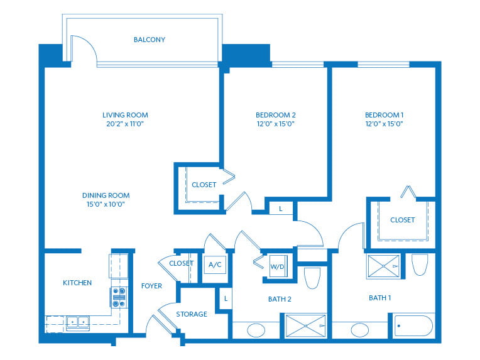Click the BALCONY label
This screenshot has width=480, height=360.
click(x=150, y=40)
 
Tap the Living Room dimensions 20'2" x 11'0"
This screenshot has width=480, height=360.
click(x=125, y=124)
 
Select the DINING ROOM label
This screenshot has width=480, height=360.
click(x=106, y=195)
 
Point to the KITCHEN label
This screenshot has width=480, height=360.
click(x=77, y=283)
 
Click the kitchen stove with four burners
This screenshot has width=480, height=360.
click(x=119, y=297)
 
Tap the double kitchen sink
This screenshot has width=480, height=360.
click(x=78, y=323)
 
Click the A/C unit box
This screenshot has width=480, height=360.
click(x=215, y=265)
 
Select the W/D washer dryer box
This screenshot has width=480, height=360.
click(x=278, y=266)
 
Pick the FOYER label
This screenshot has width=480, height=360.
click(x=151, y=286)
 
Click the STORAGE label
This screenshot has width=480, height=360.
click(x=192, y=314)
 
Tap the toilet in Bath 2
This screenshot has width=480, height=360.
click(x=312, y=278)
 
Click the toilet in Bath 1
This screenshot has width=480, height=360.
click(x=420, y=265)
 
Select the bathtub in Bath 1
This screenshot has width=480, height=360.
click(x=414, y=325)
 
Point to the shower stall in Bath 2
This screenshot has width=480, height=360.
click(x=306, y=325)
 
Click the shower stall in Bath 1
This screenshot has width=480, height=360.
click(x=384, y=266)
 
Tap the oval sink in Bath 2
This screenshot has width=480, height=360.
click(x=256, y=330)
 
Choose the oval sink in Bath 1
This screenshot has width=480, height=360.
click(x=360, y=330)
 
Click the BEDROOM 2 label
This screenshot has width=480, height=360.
click(x=276, y=115)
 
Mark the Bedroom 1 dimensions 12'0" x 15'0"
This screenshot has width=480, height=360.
click(x=384, y=124)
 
